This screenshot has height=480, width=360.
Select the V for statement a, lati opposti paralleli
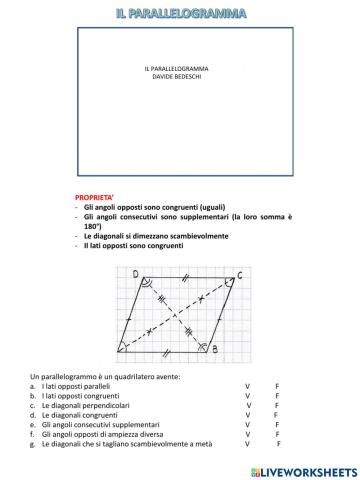click(246, 385)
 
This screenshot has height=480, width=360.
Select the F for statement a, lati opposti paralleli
click(277, 385)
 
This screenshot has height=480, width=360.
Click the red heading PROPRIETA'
click(96, 199)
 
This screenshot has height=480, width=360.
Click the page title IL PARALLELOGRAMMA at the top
click(180, 12)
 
